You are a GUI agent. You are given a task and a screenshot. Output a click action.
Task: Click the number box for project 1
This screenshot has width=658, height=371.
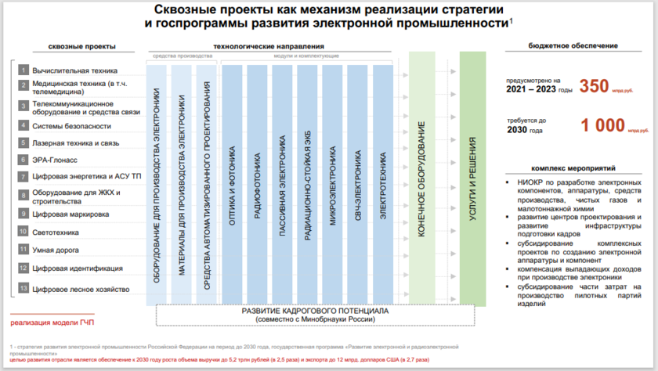tap(23, 70)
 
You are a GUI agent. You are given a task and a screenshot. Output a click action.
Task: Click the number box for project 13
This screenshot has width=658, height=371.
tap(23, 289)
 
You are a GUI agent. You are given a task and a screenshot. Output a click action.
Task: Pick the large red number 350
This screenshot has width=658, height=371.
tap(594, 86)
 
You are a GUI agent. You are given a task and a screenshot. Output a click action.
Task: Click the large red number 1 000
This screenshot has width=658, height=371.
tap(603, 124)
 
